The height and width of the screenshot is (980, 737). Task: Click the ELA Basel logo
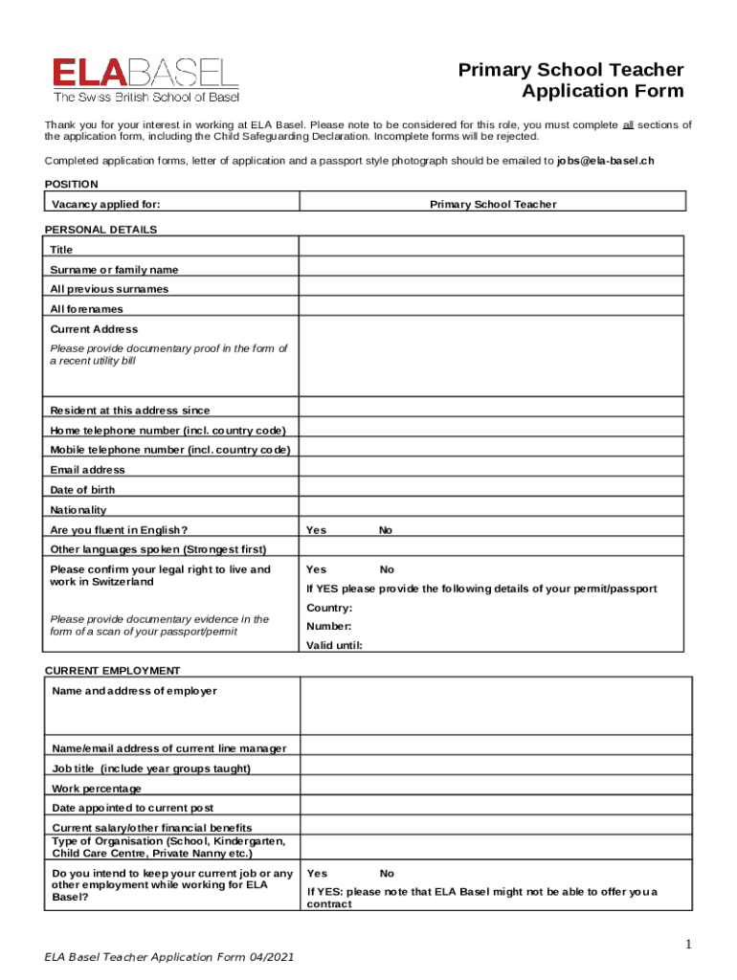pyautogui.click(x=145, y=79)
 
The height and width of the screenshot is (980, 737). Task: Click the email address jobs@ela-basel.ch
pyautogui.click(x=605, y=160)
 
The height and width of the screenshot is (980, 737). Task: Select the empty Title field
pyautogui.click(x=492, y=249)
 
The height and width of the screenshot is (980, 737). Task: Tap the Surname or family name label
pyautogui.click(x=114, y=270)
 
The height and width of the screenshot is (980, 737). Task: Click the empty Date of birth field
pyautogui.click(x=492, y=490)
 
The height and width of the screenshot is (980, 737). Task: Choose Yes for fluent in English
pyautogui.click(x=316, y=530)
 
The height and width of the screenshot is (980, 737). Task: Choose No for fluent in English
pyautogui.click(x=385, y=530)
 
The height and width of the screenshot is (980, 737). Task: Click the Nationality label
pyautogui.click(x=78, y=510)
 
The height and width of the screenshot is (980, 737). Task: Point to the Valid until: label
pyautogui.click(x=334, y=645)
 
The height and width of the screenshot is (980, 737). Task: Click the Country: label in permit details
pyautogui.click(x=329, y=609)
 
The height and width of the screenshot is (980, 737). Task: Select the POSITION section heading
pyautogui.click(x=72, y=184)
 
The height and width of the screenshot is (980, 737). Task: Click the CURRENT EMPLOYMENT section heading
pyautogui.click(x=112, y=671)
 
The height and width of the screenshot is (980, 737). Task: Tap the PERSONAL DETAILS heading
pyautogui.click(x=101, y=230)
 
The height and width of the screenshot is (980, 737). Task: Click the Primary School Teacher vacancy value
pyautogui.click(x=493, y=205)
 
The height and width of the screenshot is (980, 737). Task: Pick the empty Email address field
pyautogui.click(x=492, y=470)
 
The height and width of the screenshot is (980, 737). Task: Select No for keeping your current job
pyautogui.click(x=387, y=873)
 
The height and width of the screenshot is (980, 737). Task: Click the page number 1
pyautogui.click(x=687, y=946)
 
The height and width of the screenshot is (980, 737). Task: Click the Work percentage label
pyautogui.click(x=97, y=789)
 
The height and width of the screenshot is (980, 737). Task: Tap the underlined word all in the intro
pyautogui.click(x=629, y=125)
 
